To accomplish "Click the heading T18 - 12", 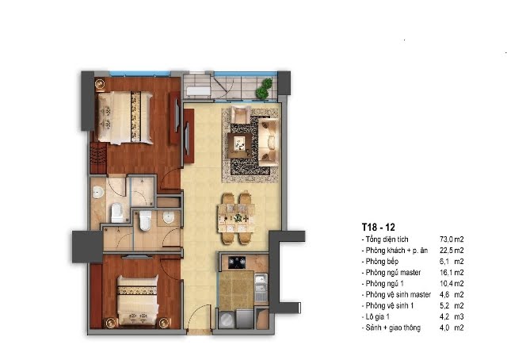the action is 379,227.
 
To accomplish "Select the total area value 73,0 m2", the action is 452,239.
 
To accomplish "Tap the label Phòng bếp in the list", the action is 382,262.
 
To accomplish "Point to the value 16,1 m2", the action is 452,273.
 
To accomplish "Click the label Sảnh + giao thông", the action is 393,327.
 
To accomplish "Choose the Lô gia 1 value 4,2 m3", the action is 452,316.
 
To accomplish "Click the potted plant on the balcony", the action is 264,88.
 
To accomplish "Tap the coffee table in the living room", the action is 239,145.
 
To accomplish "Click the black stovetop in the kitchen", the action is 237,262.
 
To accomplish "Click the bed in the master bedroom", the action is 125,117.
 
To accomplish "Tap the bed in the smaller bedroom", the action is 138,300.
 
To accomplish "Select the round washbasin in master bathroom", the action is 97,193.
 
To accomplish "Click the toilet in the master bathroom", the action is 116,213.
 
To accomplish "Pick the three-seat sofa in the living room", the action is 269,141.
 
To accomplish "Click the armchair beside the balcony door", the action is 240,115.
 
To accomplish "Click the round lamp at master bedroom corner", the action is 100,84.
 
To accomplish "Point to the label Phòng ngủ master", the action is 393,273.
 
